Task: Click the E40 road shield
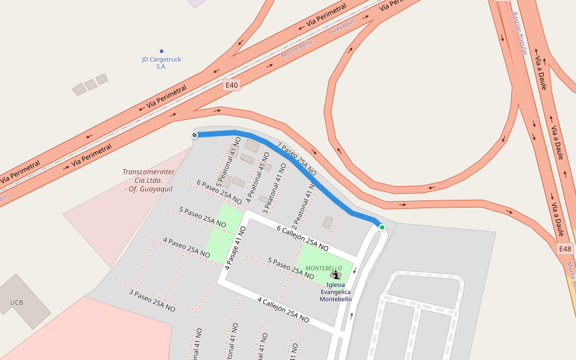232,85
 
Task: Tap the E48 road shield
565,249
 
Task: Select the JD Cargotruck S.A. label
161,63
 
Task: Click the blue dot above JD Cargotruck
161,52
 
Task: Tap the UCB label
16,302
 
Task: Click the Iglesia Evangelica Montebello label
335,292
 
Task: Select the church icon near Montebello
335,275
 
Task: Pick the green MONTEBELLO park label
323,268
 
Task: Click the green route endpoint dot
382,227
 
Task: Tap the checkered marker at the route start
194,135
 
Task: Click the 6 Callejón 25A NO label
302,238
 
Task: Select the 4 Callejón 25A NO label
283,310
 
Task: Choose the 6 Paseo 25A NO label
219,193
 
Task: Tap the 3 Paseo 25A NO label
152,301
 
